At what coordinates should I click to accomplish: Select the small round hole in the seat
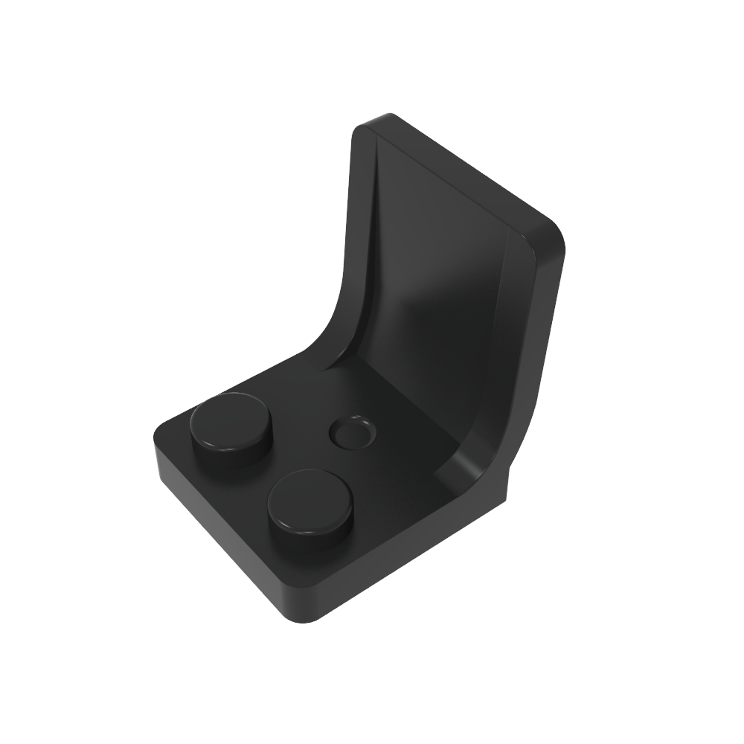tap(352, 432)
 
